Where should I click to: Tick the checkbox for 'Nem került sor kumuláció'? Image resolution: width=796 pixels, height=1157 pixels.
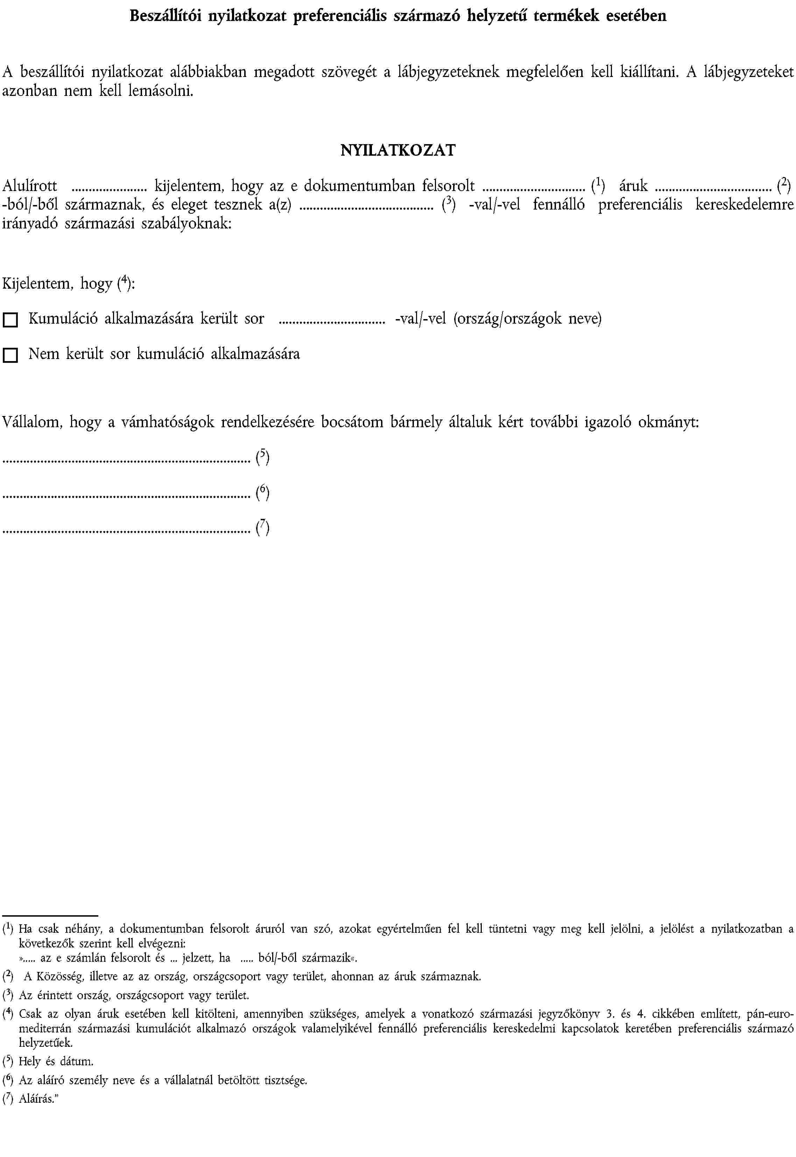[10, 355]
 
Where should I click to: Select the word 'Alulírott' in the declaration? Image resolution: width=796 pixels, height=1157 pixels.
[30, 186]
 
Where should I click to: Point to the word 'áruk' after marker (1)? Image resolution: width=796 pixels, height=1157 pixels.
[633, 186]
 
